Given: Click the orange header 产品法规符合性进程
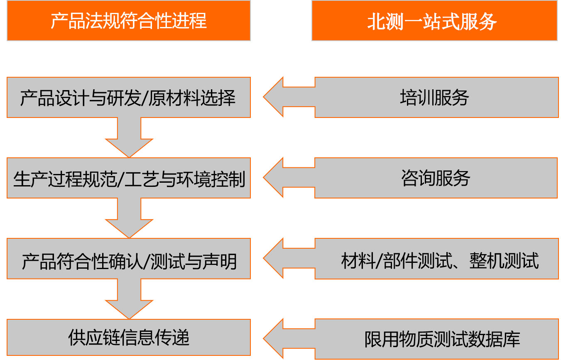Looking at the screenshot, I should tap(129, 21).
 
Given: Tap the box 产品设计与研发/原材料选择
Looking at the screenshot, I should tap(129, 98).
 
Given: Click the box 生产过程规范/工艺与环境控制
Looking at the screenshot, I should tap(129, 178).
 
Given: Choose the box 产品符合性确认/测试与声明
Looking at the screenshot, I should tap(129, 259).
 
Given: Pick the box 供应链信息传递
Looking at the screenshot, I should tap(129, 338).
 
